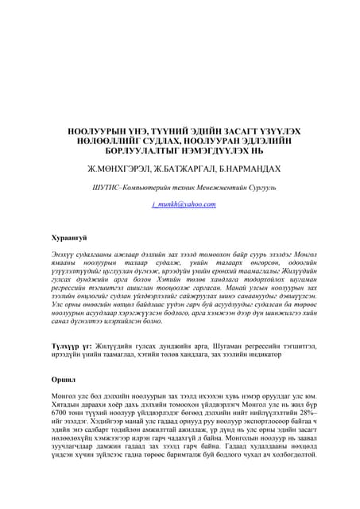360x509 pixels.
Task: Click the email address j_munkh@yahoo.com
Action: click(184, 204)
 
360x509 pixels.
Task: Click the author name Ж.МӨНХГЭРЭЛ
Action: click(119, 169)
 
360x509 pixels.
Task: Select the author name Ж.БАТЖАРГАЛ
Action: click(184, 169)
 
